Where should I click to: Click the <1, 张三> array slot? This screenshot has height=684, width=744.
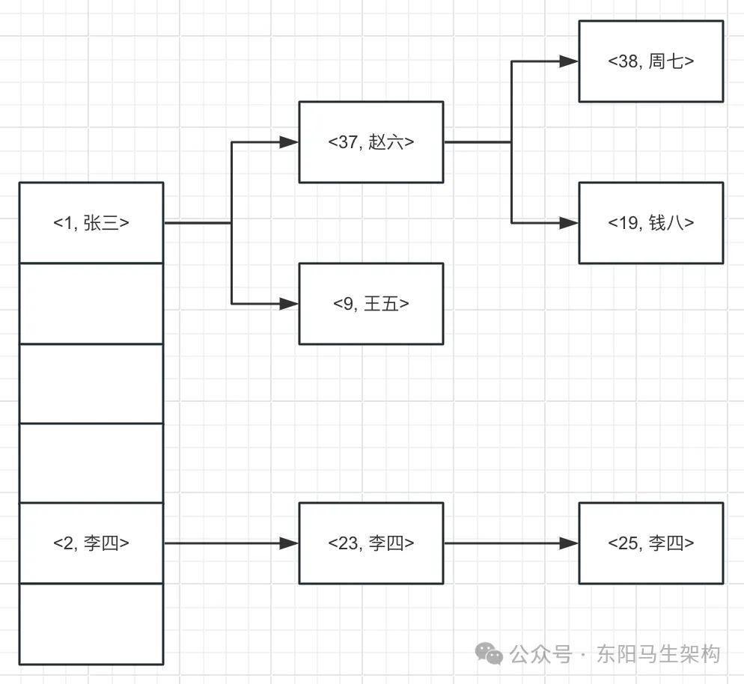coord(91,223)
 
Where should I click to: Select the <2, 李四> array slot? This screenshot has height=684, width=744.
coord(91,543)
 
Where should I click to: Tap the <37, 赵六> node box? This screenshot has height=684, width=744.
coord(371,142)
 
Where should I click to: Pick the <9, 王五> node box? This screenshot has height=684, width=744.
coord(371,304)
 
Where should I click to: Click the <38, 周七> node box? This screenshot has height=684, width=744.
coord(651,61)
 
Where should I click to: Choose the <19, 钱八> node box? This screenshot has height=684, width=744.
coord(651,223)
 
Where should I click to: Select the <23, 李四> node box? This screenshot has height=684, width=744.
coord(371,543)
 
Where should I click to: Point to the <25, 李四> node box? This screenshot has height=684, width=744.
coord(651,543)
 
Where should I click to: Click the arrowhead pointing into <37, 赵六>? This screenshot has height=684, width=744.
coord(290,142)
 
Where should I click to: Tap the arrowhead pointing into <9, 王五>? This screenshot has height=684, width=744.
coord(290,304)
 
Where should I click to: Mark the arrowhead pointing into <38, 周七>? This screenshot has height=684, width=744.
coord(570,61)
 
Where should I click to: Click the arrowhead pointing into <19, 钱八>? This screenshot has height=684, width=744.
coord(570,223)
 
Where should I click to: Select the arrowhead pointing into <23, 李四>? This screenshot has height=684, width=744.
coord(290,543)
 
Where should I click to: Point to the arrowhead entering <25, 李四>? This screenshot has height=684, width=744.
coord(570,543)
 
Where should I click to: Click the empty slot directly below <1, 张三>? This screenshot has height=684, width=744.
coord(91,304)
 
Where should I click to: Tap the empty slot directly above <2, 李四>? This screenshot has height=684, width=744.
coord(91,463)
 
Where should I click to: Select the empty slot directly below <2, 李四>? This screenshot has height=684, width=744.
coord(91,624)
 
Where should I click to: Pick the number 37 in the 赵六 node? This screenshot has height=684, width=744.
coord(348,142)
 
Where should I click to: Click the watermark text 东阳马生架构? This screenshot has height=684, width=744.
coord(659,655)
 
